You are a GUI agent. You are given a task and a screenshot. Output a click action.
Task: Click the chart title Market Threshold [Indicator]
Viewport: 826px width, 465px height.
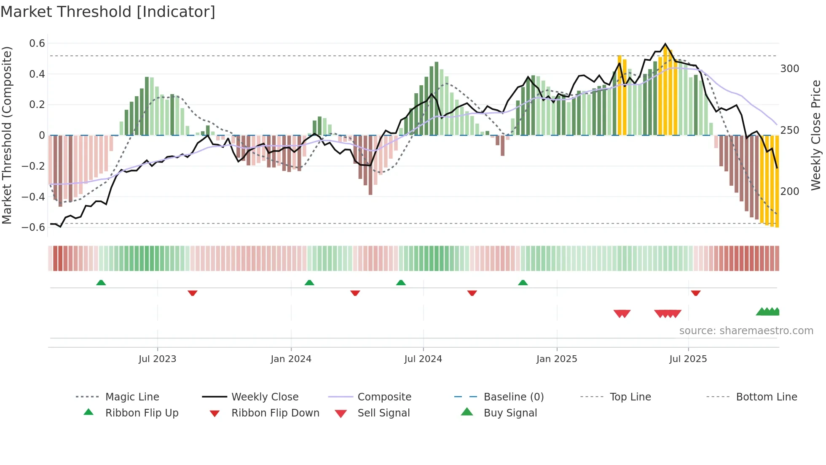tap(108, 12)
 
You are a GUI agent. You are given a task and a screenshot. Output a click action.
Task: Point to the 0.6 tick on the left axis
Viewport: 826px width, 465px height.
tap(37, 43)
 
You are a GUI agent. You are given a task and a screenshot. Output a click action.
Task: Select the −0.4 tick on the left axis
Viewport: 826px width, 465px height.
tap(33, 197)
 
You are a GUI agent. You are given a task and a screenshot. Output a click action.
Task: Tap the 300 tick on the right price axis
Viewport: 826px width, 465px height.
tap(789, 69)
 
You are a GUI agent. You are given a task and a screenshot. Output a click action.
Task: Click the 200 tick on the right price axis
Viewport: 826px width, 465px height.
tap(789, 192)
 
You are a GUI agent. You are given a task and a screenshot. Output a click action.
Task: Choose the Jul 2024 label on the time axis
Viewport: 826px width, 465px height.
tap(423, 359)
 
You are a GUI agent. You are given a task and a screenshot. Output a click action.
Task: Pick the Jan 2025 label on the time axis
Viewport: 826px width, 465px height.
tap(556, 359)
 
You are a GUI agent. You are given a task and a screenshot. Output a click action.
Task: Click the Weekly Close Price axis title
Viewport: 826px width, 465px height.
tap(816, 135)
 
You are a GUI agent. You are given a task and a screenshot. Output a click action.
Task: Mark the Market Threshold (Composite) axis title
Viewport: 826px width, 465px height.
tap(7, 135)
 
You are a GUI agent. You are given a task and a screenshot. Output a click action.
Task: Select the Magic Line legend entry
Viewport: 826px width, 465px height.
tap(132, 397)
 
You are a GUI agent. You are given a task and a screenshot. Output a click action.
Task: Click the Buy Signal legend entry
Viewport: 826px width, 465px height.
tap(510, 413)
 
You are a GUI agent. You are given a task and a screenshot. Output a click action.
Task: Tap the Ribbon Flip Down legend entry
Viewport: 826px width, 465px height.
tap(275, 413)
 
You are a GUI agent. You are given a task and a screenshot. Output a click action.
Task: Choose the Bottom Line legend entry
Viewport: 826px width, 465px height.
tap(766, 397)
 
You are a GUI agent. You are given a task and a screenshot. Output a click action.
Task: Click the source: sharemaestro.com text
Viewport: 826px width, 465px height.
tap(746, 331)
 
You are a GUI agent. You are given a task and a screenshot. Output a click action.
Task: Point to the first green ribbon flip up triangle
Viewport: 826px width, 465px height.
tap(101, 283)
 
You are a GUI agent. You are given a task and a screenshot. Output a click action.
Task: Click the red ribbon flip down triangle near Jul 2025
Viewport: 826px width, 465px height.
tap(695, 293)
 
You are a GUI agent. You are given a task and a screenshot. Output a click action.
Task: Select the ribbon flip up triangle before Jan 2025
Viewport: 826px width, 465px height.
tap(523, 283)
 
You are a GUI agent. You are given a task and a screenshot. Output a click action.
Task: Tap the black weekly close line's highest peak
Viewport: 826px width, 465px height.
tap(665, 44)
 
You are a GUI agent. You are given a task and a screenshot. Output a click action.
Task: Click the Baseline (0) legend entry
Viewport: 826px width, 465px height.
tap(513, 397)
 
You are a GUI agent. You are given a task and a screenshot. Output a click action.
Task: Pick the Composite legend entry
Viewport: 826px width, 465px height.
tap(384, 397)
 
